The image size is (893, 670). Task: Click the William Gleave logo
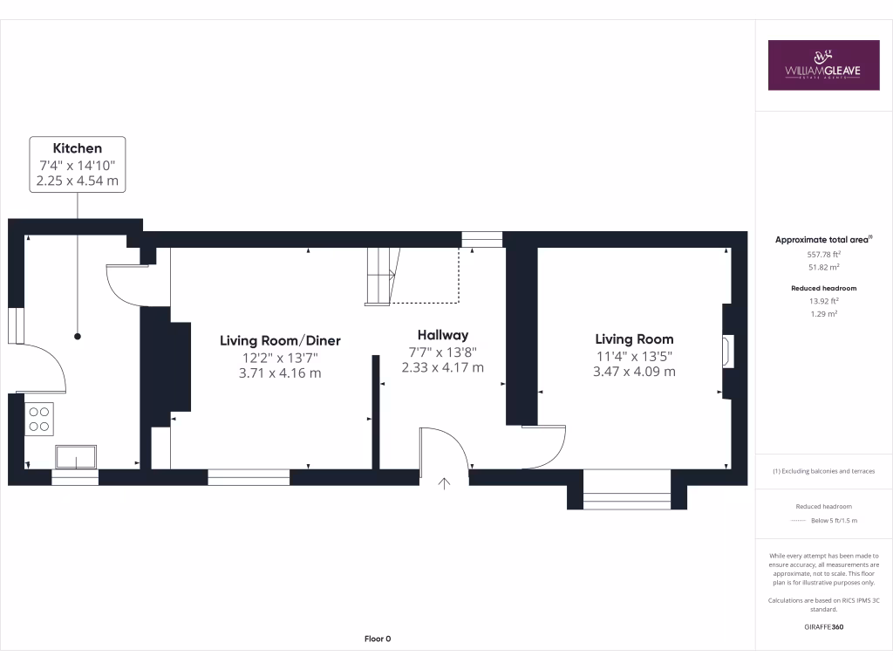tap(823, 65)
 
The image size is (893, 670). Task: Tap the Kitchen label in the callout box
tap(78, 148)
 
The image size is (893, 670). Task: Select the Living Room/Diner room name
tap(280, 340)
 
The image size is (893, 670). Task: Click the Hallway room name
tap(442, 335)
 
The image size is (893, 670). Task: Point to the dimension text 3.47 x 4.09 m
tap(634, 371)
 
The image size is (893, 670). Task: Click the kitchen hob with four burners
tap(39, 419)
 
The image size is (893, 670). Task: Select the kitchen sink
tap(77, 456)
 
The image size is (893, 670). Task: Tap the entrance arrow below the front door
tap(445, 482)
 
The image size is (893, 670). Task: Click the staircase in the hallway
tap(381, 275)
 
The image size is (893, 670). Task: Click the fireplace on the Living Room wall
tap(727, 352)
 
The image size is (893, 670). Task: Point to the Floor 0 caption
tap(378, 639)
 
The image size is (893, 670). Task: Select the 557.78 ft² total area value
tap(823, 254)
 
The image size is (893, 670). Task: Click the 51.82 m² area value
tap(823, 268)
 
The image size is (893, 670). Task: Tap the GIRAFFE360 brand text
tap(823, 627)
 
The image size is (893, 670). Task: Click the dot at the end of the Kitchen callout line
tap(78, 336)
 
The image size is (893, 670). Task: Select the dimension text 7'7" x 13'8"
tap(442, 352)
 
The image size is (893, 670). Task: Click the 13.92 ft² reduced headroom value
tap(823, 301)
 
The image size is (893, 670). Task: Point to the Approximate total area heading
tap(823, 239)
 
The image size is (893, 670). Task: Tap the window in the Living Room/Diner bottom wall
tap(249, 476)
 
